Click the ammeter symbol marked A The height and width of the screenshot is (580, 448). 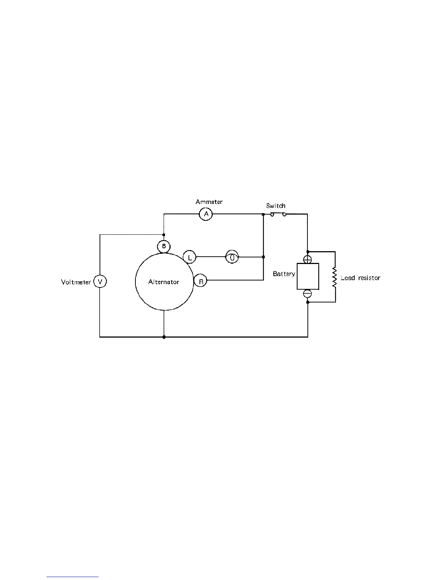[206, 214]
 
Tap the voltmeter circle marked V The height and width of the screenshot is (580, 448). [100, 282]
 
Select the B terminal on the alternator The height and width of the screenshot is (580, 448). [164, 246]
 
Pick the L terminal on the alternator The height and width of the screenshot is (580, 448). [190, 257]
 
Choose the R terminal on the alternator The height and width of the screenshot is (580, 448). [201, 281]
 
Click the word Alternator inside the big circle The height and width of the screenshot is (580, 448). [164, 282]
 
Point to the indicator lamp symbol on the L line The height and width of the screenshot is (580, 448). [232, 257]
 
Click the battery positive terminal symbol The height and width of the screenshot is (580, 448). [308, 259]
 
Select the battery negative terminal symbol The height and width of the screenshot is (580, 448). [308, 294]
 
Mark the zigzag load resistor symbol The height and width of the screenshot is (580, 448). [335, 277]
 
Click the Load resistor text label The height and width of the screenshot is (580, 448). [360, 278]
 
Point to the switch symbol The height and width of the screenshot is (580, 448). [278, 214]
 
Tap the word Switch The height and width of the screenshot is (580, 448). [276, 206]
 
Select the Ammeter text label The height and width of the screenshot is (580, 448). [209, 202]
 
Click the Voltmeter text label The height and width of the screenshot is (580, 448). [76, 282]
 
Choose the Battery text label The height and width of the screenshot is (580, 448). [284, 274]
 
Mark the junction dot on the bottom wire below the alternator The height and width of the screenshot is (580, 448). [164, 337]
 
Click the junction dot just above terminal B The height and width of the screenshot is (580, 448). [164, 235]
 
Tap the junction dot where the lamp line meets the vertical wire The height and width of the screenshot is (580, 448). [264, 257]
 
